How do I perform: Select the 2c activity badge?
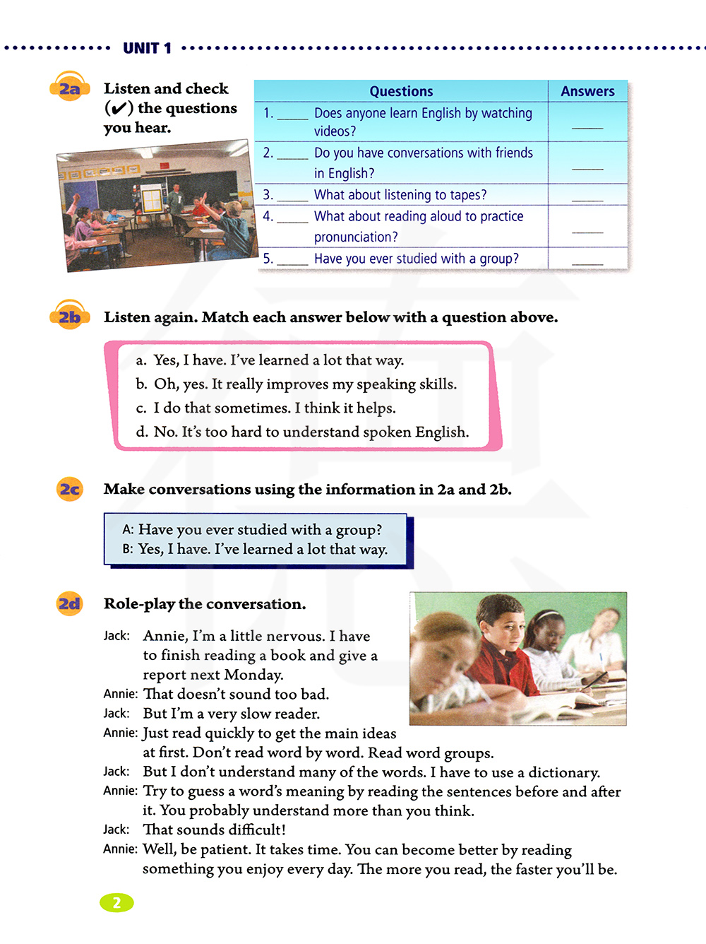[70, 489]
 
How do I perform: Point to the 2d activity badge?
[70, 603]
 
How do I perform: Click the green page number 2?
[116, 902]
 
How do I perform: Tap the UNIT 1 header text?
[147, 48]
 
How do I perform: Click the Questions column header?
[401, 91]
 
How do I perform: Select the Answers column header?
[587, 91]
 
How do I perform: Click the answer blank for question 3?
[587, 197]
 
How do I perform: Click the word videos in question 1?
[335, 131]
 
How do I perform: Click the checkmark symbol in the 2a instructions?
[119, 108]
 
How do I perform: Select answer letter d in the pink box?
[141, 432]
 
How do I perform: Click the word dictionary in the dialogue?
[563, 772]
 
